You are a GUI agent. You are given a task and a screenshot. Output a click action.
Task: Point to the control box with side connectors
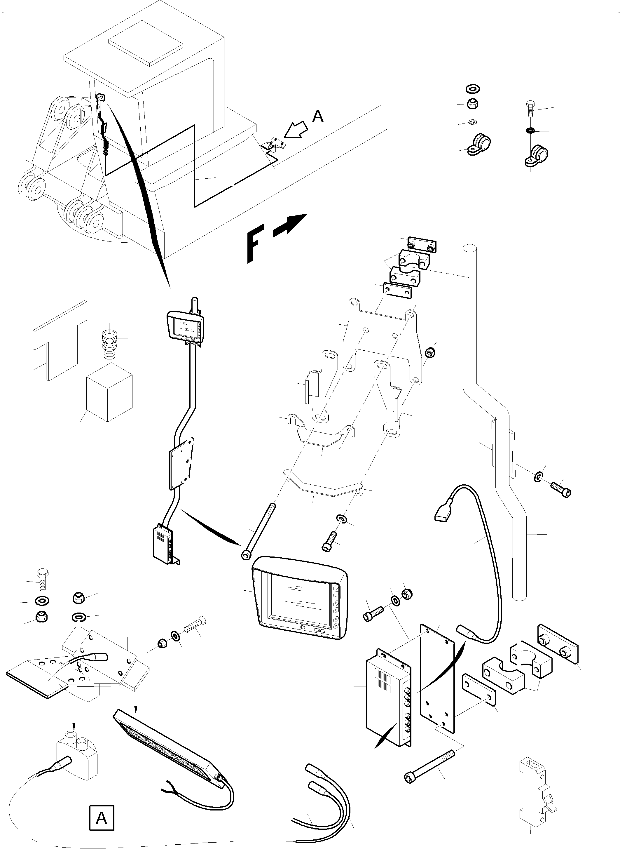tap(388, 706)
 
